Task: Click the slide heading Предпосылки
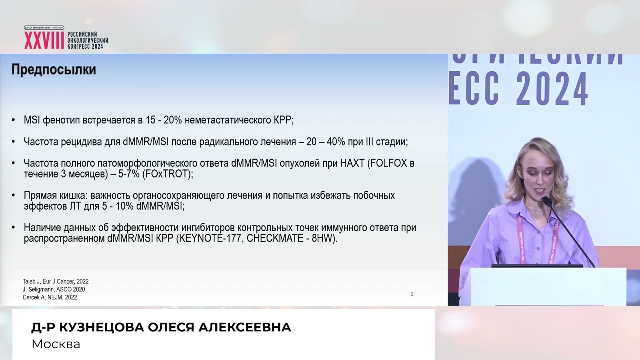(x=53, y=70)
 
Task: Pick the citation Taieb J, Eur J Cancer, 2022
(x=56, y=282)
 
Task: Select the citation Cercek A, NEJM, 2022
(x=50, y=297)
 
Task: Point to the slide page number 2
(x=412, y=294)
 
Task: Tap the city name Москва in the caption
(x=56, y=344)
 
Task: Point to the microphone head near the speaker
(x=546, y=201)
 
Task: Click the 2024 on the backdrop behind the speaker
(x=552, y=90)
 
